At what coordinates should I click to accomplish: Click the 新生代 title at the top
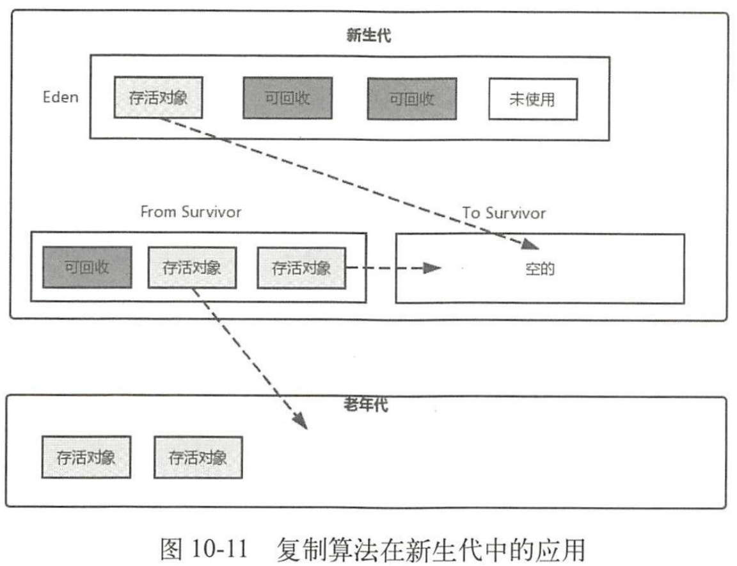(x=368, y=35)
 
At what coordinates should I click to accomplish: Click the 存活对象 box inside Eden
(x=159, y=99)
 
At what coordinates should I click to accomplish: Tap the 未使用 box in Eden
(x=532, y=99)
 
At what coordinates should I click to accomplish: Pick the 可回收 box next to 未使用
(x=412, y=99)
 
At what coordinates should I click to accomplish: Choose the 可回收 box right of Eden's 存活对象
(x=287, y=99)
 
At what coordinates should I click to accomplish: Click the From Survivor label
(x=191, y=213)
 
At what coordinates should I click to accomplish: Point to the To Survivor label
(x=503, y=213)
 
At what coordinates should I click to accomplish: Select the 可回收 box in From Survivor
(x=86, y=267)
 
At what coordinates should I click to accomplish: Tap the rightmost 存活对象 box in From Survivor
(x=301, y=268)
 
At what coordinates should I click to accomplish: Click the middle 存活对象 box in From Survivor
(x=192, y=268)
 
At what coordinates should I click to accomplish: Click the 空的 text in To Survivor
(x=538, y=268)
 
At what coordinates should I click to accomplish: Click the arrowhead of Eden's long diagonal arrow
(x=530, y=243)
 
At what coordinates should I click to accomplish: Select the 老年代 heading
(x=365, y=405)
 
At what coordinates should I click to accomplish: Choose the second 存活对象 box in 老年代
(x=198, y=458)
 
